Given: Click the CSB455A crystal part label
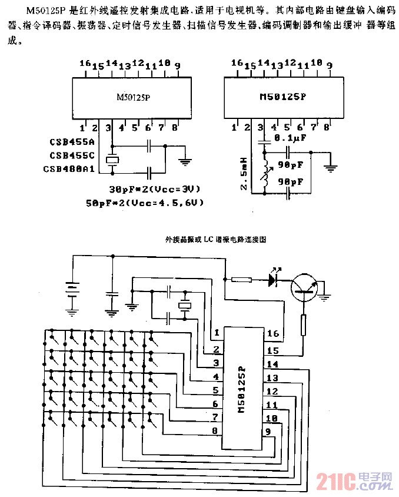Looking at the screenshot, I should (x=72, y=143).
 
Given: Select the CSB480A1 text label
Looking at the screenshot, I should (x=69, y=169).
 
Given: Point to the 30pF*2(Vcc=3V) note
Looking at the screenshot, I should (x=155, y=189).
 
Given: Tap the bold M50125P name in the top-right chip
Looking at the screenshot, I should (x=282, y=98).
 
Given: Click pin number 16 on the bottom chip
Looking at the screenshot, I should (x=272, y=334).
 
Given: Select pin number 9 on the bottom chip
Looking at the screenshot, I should (x=268, y=432).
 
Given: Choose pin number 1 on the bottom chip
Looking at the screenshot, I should (x=217, y=333).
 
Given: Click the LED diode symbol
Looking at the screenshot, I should (x=274, y=280).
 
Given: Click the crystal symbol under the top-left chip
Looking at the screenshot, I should (x=112, y=160).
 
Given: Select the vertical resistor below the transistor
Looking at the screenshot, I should (x=304, y=325).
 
